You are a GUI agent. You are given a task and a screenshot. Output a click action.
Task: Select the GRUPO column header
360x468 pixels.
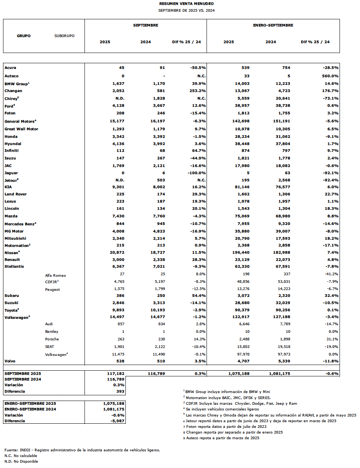(23, 36)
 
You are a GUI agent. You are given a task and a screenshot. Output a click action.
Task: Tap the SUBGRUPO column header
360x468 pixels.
(64, 36)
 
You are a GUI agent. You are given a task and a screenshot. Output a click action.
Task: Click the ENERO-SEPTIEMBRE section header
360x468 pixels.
(273, 25)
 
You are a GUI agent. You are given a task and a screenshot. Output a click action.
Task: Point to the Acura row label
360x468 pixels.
(10, 68)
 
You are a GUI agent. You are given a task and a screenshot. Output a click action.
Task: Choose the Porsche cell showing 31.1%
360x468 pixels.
(332, 339)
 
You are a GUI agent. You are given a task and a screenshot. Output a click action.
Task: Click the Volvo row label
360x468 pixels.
(10, 361)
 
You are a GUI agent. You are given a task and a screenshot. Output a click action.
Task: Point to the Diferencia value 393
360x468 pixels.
(120, 392)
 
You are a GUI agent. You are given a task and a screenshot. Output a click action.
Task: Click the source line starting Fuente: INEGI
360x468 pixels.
(82, 450)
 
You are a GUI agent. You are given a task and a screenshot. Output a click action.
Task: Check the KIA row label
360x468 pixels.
(8, 187)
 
